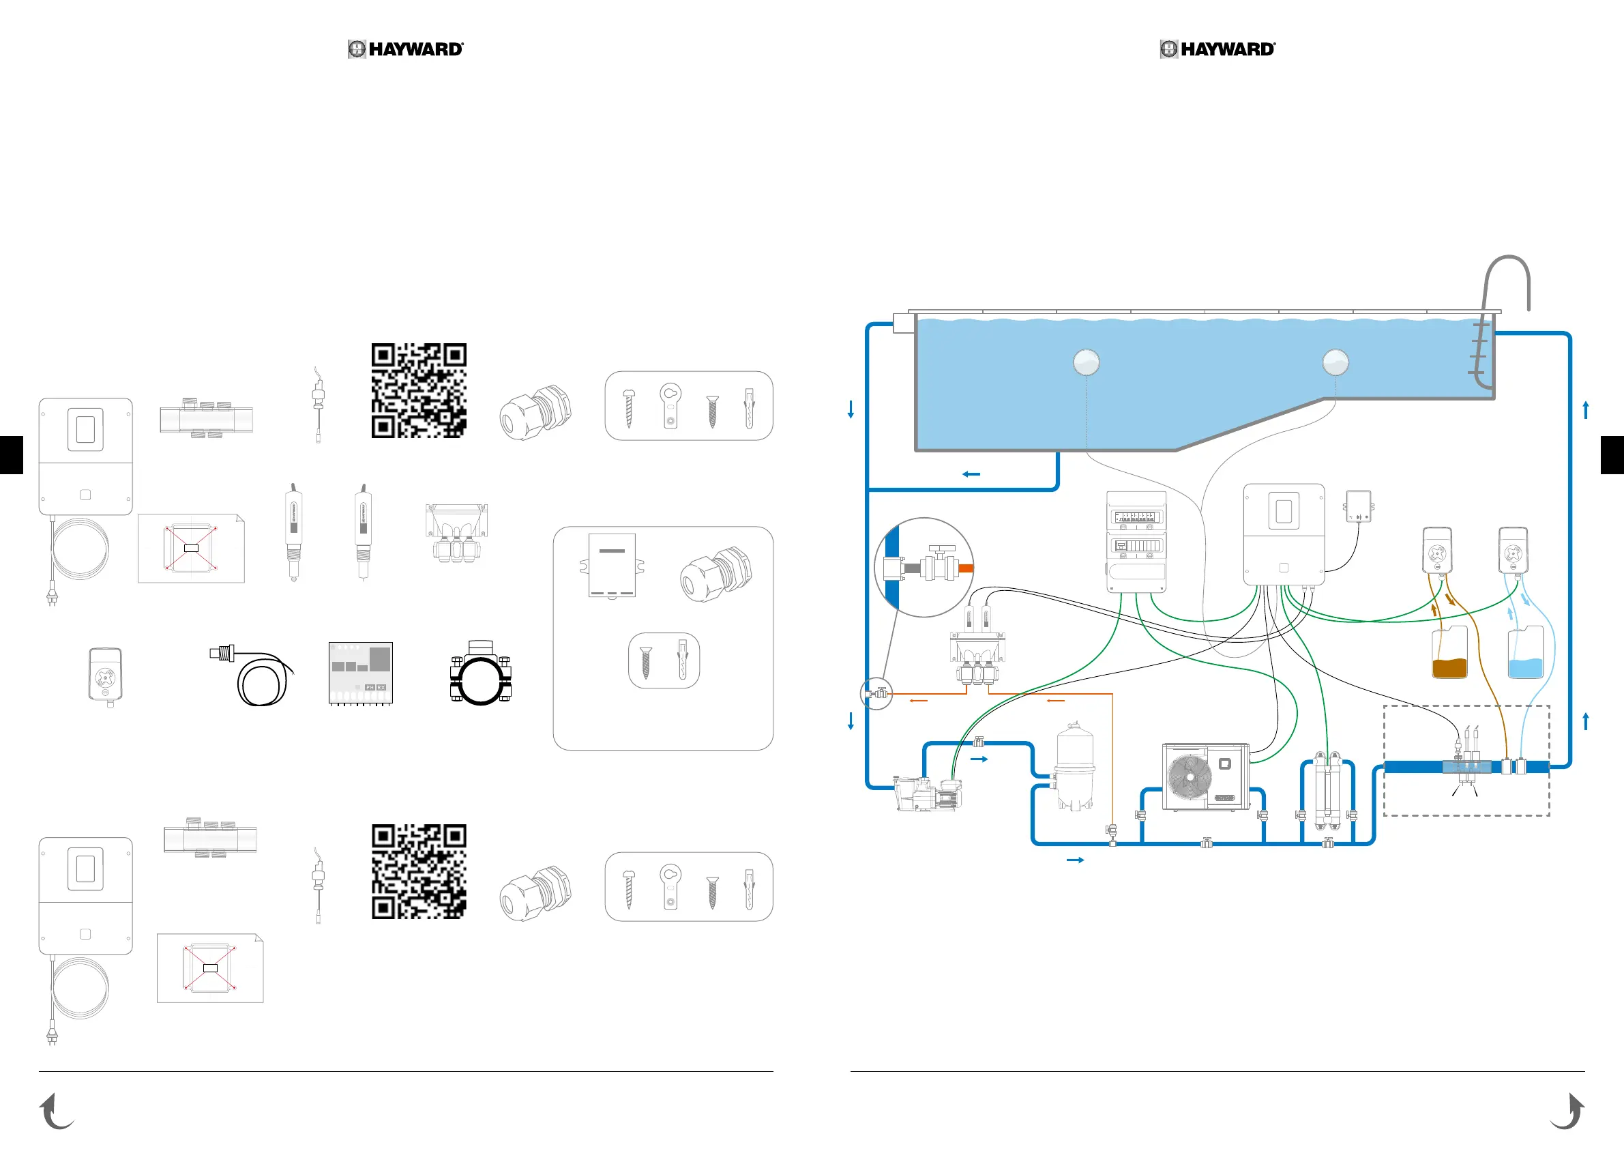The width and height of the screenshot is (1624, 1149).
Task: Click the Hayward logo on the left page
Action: pyautogui.click(x=405, y=49)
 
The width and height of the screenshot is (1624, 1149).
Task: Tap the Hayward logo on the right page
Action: pyautogui.click(x=1217, y=49)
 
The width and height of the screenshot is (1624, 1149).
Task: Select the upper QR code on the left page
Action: pyautogui.click(x=419, y=390)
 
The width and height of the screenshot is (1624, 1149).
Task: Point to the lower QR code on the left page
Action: pyautogui.click(x=419, y=872)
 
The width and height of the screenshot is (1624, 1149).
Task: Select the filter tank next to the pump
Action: pyautogui.click(x=1074, y=768)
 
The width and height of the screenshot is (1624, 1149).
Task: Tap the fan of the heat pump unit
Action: pyautogui.click(x=1190, y=777)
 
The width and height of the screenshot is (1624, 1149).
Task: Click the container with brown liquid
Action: pyautogui.click(x=1449, y=654)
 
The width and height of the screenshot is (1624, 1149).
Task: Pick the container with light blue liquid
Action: pyautogui.click(x=1526, y=654)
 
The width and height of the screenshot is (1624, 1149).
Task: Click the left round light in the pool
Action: pyautogui.click(x=1087, y=362)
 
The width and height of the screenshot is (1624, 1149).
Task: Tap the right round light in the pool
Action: pyautogui.click(x=1335, y=362)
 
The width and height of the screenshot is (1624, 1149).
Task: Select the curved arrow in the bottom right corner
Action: pyautogui.click(x=1567, y=1111)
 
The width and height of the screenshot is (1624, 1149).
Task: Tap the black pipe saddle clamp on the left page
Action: pyautogui.click(x=481, y=673)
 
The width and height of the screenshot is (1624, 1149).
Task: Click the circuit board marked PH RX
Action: pyautogui.click(x=361, y=673)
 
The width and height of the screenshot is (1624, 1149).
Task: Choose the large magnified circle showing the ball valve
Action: pyautogui.click(x=924, y=568)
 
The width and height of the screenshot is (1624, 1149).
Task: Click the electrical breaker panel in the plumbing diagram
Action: pyautogui.click(x=1136, y=542)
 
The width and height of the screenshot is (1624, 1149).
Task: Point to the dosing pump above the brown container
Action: pyautogui.click(x=1437, y=551)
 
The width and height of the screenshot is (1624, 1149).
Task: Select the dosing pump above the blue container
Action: pyautogui.click(x=1513, y=551)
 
